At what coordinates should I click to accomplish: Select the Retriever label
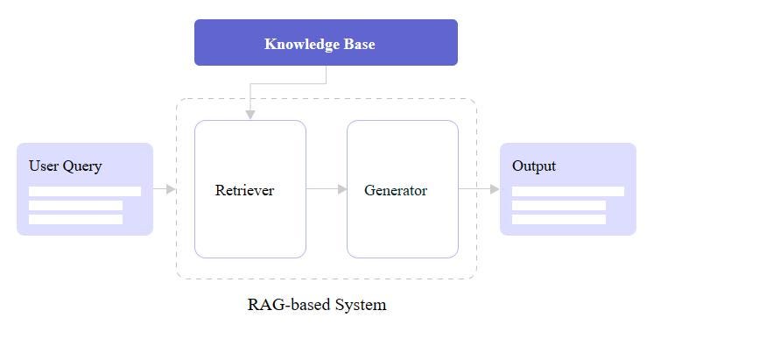coord(244,190)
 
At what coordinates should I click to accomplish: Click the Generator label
coord(396,190)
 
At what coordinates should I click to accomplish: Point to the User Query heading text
coord(66,166)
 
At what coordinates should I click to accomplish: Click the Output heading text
coord(534,166)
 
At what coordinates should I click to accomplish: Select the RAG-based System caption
coord(317,305)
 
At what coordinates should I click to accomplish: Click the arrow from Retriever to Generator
coord(327,188)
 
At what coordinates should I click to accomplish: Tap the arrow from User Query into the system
coord(165,188)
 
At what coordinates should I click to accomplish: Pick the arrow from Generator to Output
coord(479,188)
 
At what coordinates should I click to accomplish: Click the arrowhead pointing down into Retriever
coord(250,114)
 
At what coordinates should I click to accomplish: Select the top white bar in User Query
coord(85,191)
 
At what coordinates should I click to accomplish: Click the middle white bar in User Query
coord(75,206)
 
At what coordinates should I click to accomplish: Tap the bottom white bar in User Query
coord(75,219)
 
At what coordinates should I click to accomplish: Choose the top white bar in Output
coord(568,191)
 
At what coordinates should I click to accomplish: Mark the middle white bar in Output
coord(559,206)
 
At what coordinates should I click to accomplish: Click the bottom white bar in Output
coord(559,219)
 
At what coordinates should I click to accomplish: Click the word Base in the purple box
coord(358,44)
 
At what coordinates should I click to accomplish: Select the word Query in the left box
coord(82,166)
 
